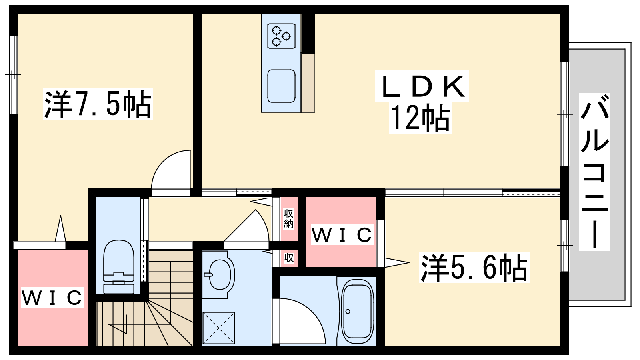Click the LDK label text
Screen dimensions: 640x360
422,86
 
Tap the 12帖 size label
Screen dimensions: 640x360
420,118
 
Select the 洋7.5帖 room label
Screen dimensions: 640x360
98,104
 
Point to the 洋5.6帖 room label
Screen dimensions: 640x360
474,268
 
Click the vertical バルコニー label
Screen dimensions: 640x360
594,172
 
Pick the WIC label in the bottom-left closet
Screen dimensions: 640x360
52,297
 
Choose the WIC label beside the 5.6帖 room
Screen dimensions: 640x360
342,234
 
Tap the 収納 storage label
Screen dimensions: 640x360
288,218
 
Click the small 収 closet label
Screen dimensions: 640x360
289,258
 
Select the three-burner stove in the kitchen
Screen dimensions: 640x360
281,36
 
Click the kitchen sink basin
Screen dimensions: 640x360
281,86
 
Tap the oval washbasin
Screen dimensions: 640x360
220,274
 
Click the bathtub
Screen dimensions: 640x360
358,312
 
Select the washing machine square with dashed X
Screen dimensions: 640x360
218,328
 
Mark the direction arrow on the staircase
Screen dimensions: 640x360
118,324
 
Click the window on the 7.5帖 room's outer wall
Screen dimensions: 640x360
12,74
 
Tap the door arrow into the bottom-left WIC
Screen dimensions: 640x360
60,228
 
